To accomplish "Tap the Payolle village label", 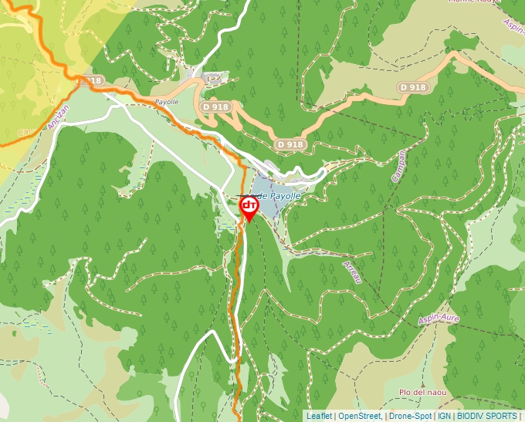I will [167, 102].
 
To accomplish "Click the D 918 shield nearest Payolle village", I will [215, 106].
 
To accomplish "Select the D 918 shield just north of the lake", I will [290, 144].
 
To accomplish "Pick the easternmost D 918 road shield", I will [413, 88].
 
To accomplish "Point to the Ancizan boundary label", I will [53, 117].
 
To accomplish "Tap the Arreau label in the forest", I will [352, 272].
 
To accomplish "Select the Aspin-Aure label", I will [439, 319].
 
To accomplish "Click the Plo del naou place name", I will [417, 393].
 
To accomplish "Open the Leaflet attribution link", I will [319, 416].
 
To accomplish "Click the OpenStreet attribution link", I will [360, 416].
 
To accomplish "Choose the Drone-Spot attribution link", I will [410, 416].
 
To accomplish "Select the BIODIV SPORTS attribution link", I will [486, 416].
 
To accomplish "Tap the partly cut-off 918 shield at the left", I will [92, 80].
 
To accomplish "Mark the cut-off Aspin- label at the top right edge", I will [513, 25].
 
